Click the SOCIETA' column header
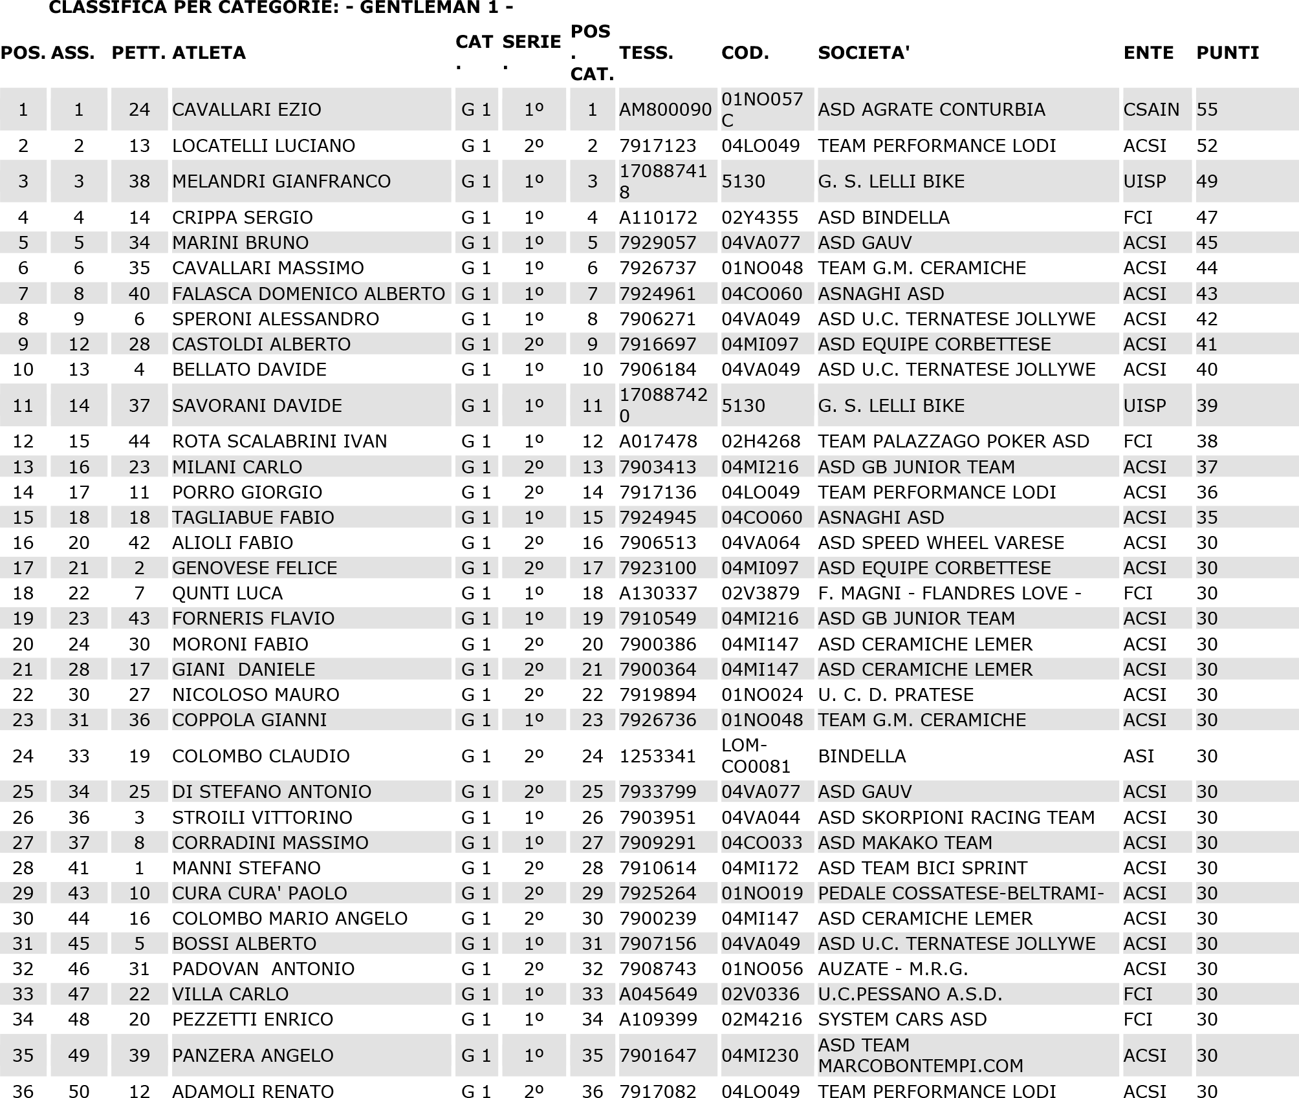pos(864,53)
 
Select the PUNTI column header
pos(1227,53)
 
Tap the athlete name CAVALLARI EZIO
pos(246,110)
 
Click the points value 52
pos(1206,146)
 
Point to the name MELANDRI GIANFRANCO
pos(281,182)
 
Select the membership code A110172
pos(658,218)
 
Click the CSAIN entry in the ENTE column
pos(1151,110)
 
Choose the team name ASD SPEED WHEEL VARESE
pos(941,543)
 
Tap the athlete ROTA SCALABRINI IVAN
pos(279,442)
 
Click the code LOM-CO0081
pos(756,756)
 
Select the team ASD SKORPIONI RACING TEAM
pos(956,817)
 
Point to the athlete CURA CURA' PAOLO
pos(259,893)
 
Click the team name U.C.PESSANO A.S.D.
pos(910,994)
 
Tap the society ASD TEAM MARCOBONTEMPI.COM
pos(920,1055)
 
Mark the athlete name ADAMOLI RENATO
pos(253,1091)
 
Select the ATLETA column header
pos(209,53)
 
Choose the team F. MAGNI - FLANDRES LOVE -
pos(949,593)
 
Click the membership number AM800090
pos(665,110)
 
